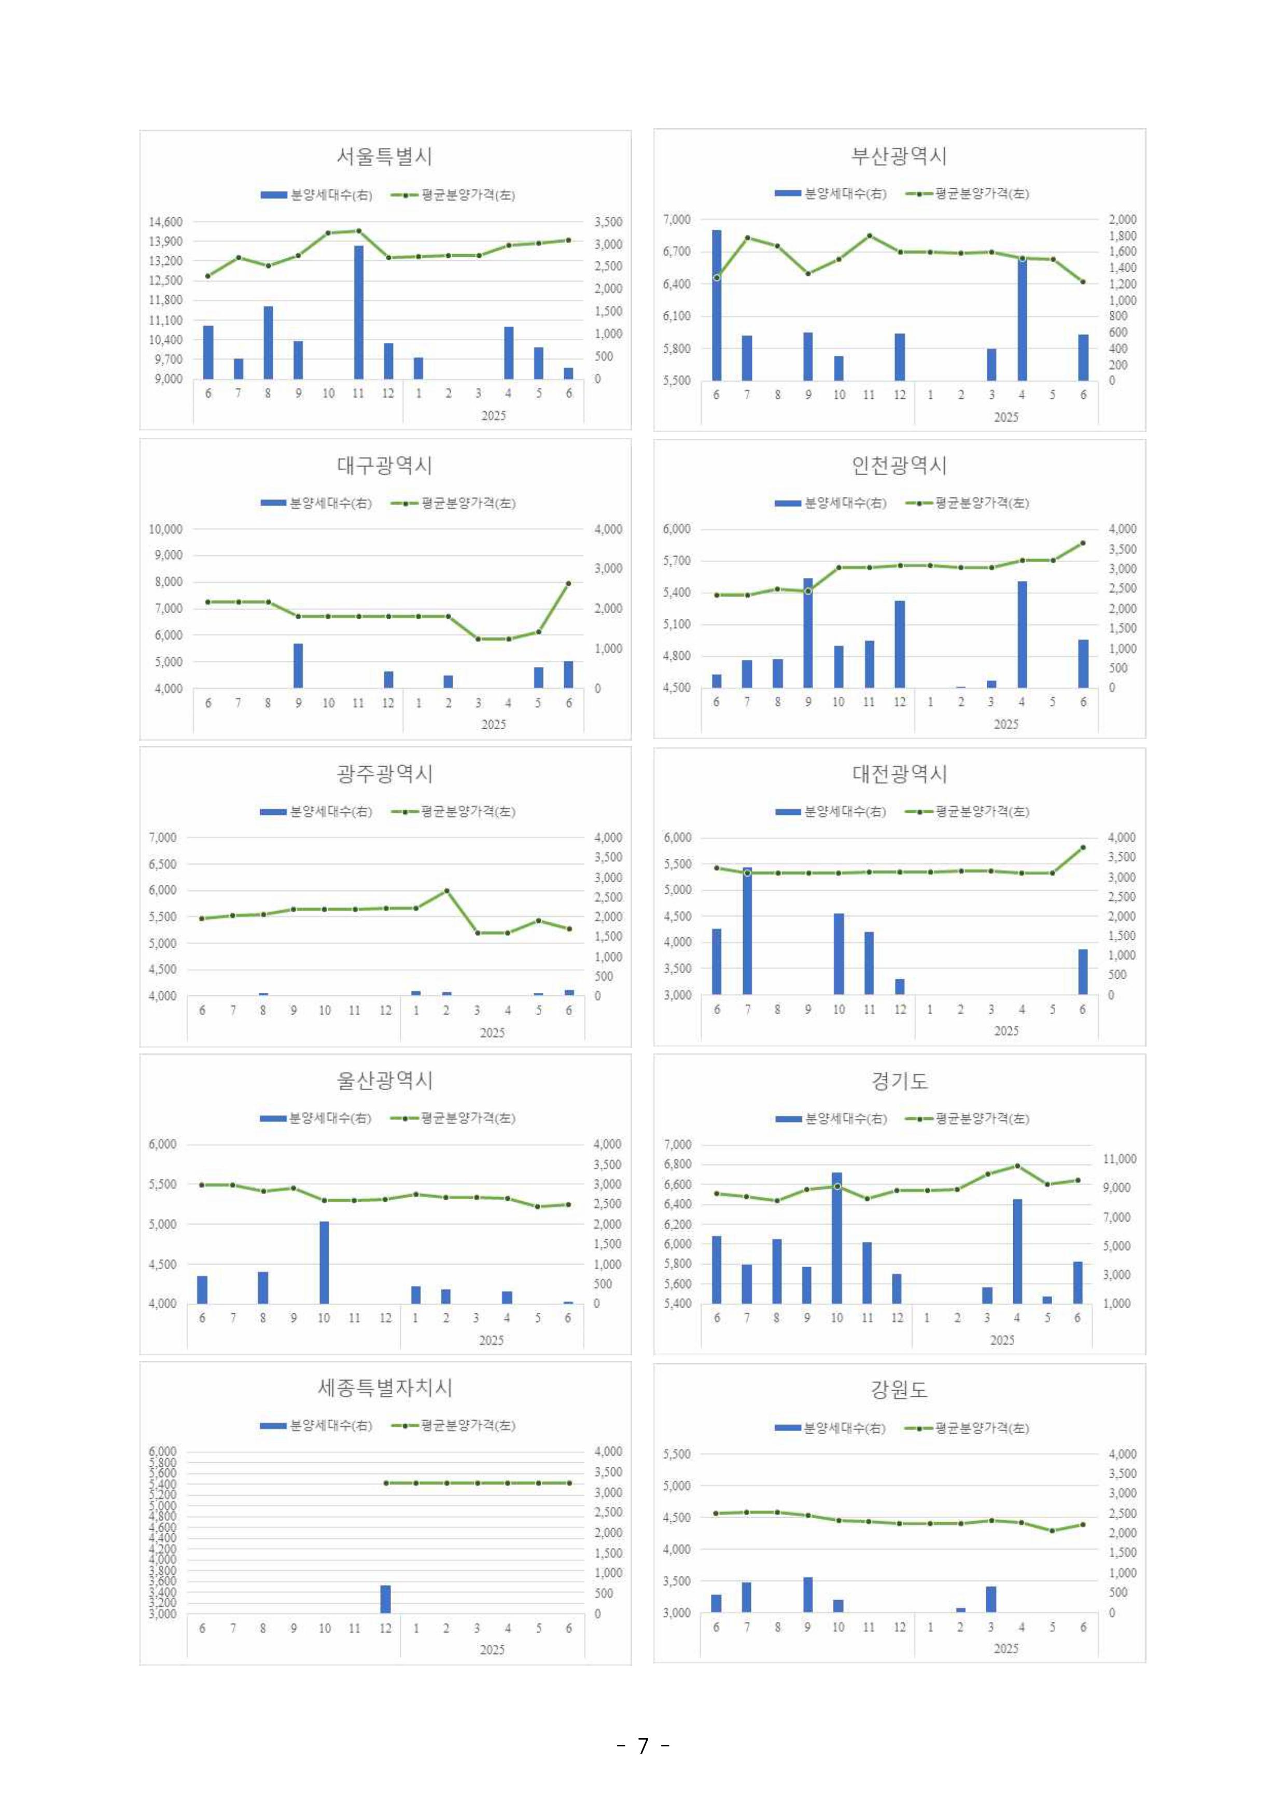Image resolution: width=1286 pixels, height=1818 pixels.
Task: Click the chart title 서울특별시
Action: coord(384,156)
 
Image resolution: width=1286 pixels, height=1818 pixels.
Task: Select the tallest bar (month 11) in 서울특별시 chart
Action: coord(359,312)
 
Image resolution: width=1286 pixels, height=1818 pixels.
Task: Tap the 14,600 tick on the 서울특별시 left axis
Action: coord(165,222)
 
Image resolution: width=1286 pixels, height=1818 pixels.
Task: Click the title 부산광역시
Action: coord(899,156)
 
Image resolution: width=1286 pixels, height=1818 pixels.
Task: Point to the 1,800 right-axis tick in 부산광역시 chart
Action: coord(1122,236)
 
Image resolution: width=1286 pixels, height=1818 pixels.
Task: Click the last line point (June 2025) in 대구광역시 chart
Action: coord(568,583)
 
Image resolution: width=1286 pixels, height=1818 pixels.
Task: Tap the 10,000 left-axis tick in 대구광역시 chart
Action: coord(165,529)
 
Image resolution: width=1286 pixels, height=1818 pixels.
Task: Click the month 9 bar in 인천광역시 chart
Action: coord(808,633)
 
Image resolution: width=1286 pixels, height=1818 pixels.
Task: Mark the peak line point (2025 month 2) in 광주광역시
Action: coord(446,891)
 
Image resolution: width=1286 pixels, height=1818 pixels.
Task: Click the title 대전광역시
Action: coord(899,774)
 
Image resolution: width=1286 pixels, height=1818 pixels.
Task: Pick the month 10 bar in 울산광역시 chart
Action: coord(324,1262)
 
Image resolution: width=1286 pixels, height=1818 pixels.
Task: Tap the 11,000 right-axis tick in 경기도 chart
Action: coord(1119,1159)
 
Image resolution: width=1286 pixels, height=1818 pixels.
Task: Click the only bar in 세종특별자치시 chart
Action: coord(386,1599)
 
